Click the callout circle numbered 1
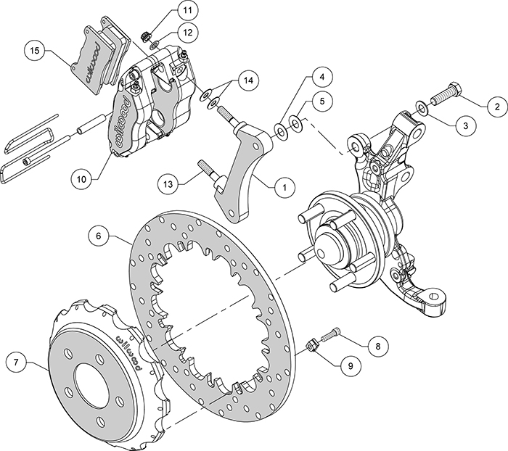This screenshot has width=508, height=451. [284, 186]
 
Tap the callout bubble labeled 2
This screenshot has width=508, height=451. [497, 107]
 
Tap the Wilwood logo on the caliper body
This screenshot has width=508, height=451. [123, 120]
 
